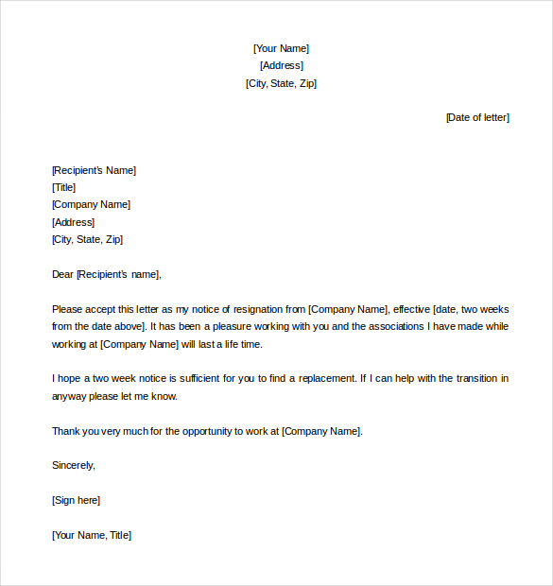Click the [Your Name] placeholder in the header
click(x=281, y=48)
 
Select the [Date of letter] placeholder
click(x=477, y=117)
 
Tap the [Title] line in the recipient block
click(x=64, y=187)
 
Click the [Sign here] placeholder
click(x=76, y=500)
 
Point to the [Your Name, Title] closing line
click(x=92, y=535)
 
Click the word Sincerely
click(x=74, y=465)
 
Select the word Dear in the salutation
click(x=62, y=274)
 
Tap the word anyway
click(x=69, y=396)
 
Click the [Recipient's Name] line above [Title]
click(x=94, y=170)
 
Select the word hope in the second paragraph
click(x=70, y=378)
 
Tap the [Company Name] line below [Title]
click(x=91, y=204)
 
